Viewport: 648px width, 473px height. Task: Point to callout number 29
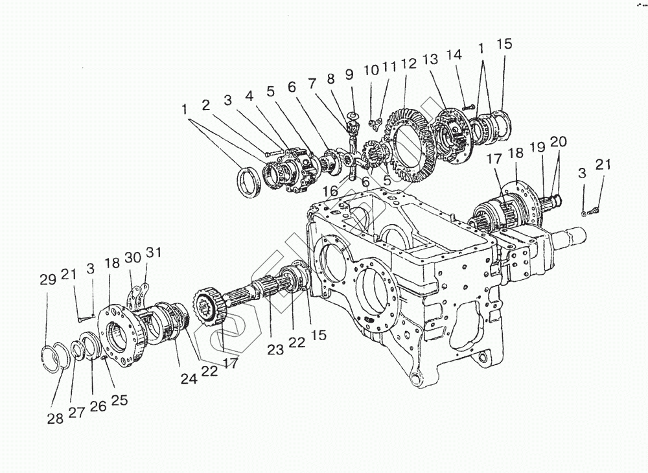47,280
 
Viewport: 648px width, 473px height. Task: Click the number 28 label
55,419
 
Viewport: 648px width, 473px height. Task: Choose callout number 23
275,349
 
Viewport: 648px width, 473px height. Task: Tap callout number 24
189,380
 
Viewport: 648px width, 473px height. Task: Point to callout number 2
205,104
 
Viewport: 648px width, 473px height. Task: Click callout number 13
430,60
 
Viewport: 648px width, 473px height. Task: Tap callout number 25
119,400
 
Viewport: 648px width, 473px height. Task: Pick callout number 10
370,70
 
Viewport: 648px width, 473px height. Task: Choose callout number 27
76,412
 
